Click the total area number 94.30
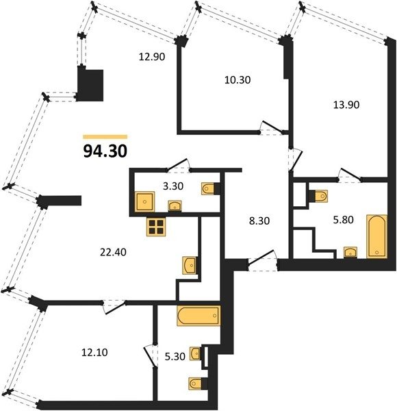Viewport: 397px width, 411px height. [x=105, y=151]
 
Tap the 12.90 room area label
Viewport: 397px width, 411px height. [x=152, y=57]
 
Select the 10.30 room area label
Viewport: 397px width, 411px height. [x=238, y=79]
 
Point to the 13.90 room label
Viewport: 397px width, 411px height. [x=346, y=105]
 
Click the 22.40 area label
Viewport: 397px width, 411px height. [x=113, y=252]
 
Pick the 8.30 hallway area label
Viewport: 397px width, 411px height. [x=259, y=221]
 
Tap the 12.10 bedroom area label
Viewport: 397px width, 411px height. [x=94, y=352]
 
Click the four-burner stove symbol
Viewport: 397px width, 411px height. [x=156, y=227]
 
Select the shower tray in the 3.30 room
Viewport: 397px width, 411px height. [x=145, y=201]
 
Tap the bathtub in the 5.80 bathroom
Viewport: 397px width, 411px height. [x=377, y=236]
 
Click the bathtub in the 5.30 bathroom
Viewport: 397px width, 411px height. [x=198, y=316]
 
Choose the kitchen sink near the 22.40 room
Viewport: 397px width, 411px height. [x=190, y=265]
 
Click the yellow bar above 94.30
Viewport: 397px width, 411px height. [x=105, y=137]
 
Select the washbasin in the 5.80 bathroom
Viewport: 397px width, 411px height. [x=350, y=252]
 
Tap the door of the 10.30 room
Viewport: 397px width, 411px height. [x=272, y=127]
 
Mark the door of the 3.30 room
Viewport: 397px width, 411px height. [x=179, y=165]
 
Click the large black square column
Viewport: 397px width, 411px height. [x=90, y=84]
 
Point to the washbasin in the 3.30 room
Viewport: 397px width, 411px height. [x=175, y=206]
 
